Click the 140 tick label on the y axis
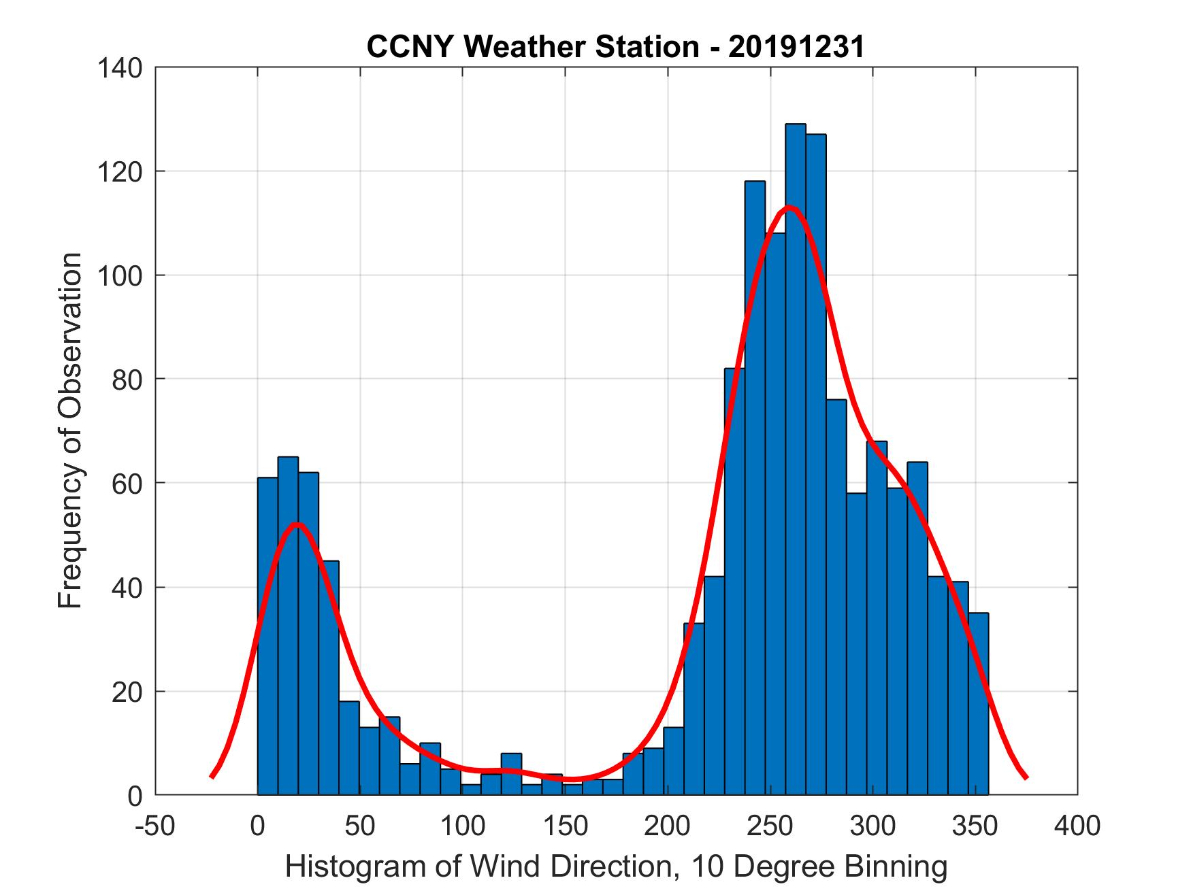click(119, 68)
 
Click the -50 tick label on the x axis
click(155, 826)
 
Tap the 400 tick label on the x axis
click(1077, 826)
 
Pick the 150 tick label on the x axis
click(565, 826)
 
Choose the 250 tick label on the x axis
click(770, 826)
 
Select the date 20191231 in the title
click(796, 47)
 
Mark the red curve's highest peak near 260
click(789, 207)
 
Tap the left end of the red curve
click(212, 776)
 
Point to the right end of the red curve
click(1026, 776)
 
